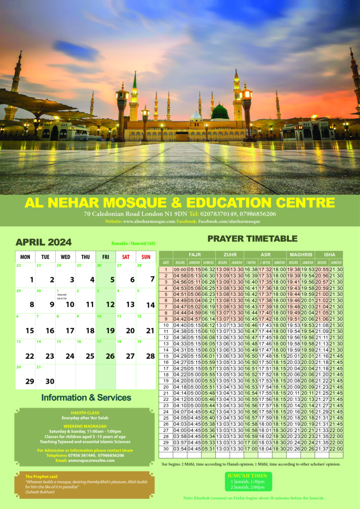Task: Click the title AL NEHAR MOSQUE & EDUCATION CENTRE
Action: point(180,203)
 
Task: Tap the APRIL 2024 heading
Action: point(44,243)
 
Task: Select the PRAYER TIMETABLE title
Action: point(252,239)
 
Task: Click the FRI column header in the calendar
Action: point(105,257)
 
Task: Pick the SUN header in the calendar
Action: point(146,257)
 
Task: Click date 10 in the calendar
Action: point(70,305)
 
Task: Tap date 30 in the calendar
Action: point(49,381)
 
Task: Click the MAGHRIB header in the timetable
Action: point(300,254)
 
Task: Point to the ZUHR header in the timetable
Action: point(230,254)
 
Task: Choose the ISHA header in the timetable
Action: point(329,254)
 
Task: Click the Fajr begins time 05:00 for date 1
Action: point(180,269)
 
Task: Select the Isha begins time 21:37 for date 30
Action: point(322,449)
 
